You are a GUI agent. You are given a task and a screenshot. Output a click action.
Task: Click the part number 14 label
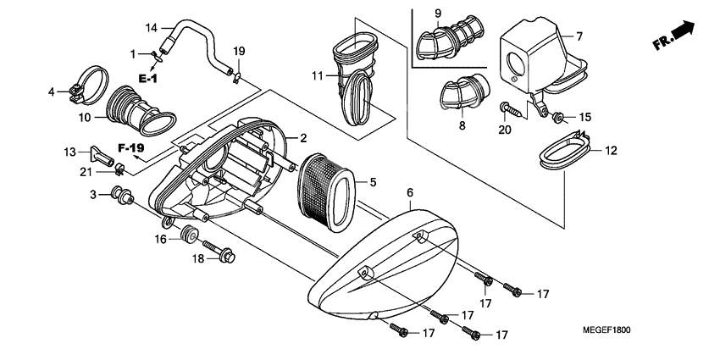(152, 28)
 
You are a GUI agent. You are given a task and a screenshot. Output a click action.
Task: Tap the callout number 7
(579, 36)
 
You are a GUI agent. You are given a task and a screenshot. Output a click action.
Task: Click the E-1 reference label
(148, 79)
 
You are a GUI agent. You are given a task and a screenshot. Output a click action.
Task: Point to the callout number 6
(409, 194)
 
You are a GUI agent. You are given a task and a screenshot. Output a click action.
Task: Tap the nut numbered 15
(559, 115)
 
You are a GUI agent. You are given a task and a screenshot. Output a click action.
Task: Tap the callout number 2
(302, 138)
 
